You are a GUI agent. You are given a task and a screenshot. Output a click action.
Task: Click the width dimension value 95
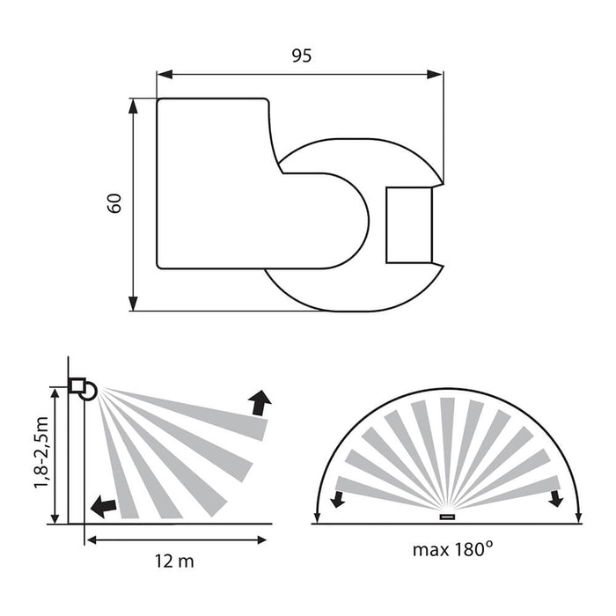coord(301,55)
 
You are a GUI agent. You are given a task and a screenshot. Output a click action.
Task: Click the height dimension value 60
coord(114,203)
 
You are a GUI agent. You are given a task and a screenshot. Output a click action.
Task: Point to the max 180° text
coord(452,551)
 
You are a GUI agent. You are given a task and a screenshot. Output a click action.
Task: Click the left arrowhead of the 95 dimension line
coord(165,75)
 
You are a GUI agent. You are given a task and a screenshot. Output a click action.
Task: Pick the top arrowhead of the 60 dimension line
coord(133,106)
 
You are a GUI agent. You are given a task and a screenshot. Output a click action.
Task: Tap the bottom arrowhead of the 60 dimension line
coord(133,303)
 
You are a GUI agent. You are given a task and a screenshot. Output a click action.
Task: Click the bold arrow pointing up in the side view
coord(260,403)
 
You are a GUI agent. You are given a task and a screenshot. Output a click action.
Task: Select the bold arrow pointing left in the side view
coord(102,506)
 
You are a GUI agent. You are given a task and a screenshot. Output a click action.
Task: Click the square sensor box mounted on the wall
coord(77,385)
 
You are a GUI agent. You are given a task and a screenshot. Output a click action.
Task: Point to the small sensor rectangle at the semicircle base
coord(447,516)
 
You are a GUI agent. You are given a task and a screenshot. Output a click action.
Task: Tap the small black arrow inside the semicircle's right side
coord(555,499)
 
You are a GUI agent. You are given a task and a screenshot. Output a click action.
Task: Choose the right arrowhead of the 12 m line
coord(264,539)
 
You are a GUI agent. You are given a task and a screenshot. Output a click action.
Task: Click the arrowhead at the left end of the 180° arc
coord(317,517)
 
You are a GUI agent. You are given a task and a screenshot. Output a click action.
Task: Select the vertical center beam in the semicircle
coord(447,453)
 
